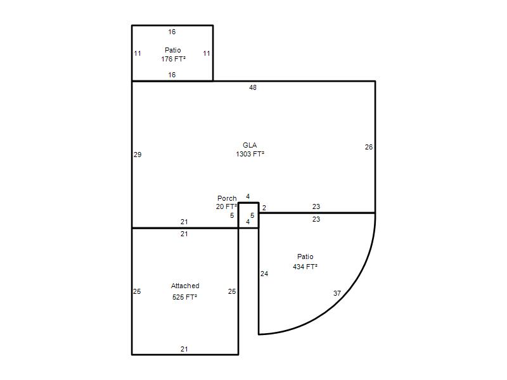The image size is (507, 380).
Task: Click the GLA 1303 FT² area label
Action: [x=250, y=149]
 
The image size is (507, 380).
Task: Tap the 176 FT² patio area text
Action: [x=173, y=59]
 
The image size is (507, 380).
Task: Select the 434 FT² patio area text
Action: [x=305, y=267]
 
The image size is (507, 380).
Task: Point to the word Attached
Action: [x=185, y=286]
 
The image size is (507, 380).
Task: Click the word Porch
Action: [x=227, y=198]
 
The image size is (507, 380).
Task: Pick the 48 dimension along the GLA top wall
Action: [x=253, y=87]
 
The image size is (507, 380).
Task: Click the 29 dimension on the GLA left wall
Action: [x=138, y=155]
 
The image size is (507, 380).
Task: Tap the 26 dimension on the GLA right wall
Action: [x=369, y=147]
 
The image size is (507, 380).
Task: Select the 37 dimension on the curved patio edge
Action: [x=337, y=293]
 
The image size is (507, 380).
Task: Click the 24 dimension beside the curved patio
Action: [x=264, y=274]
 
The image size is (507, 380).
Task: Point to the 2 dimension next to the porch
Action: [x=264, y=208]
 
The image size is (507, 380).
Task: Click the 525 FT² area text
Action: [x=184, y=297]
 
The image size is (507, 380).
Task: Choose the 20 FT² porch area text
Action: [x=226, y=206]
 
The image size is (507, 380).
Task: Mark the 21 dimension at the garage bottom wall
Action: [x=184, y=349]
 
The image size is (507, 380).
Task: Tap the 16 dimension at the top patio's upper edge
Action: [x=172, y=32]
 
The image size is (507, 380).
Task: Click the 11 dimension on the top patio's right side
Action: [x=207, y=53]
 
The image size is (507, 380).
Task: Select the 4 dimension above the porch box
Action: [x=248, y=196]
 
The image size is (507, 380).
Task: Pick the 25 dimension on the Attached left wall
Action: [x=137, y=291]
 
